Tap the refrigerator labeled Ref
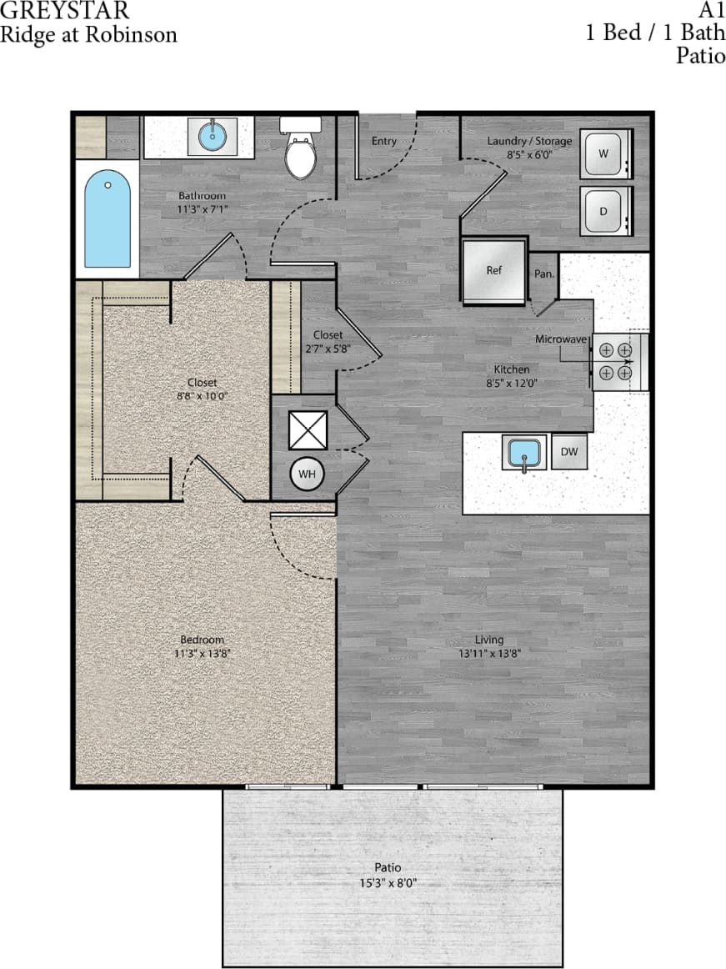tap(494, 271)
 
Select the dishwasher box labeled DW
tap(569, 452)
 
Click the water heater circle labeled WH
tap(307, 474)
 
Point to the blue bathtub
tap(108, 219)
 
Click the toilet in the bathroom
tap(300, 150)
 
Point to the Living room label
tap(489, 640)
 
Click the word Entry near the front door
tap(383, 141)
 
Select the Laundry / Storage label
tap(529, 141)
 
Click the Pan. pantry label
tap(543, 274)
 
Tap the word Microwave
tap(561, 339)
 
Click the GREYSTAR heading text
tap(65, 12)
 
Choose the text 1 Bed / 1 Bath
tap(654, 33)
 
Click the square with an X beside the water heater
tap(306, 429)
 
